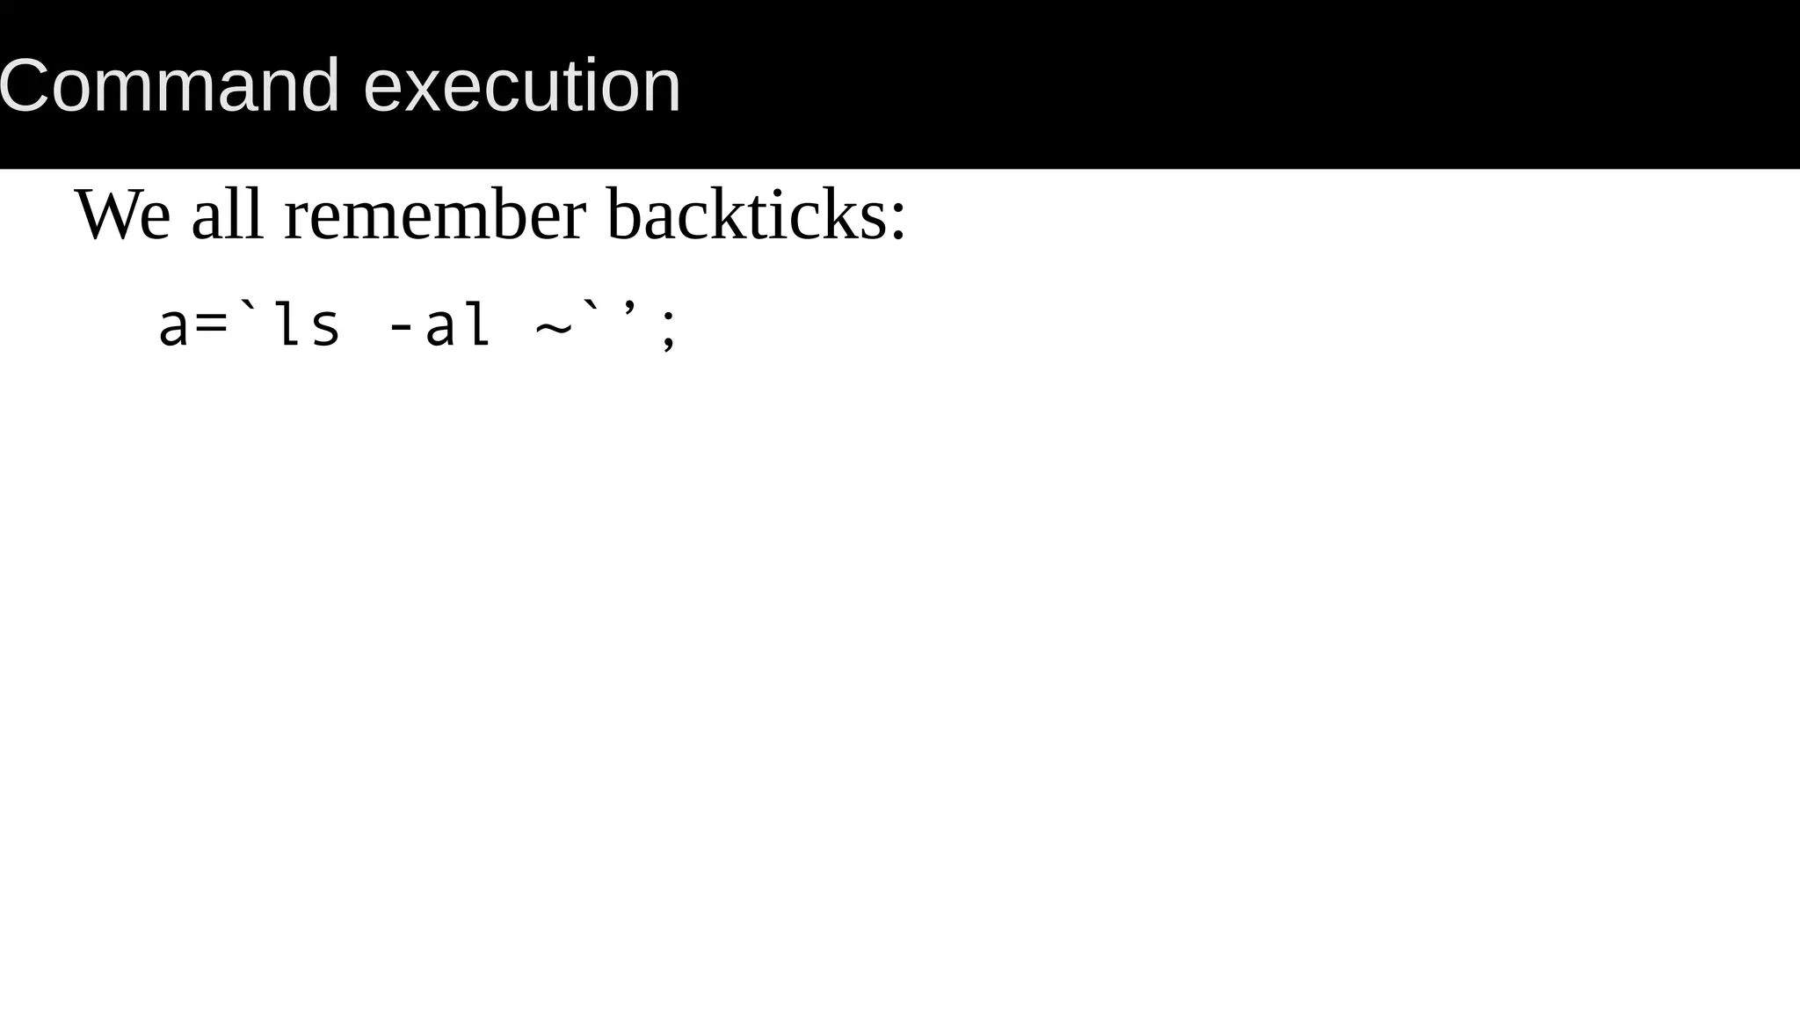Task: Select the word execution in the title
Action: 522,86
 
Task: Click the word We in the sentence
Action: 122,215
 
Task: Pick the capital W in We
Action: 106,215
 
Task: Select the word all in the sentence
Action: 228,215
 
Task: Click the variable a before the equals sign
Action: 173,326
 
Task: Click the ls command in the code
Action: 307,324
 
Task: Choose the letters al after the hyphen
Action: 457,324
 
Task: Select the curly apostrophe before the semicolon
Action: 630,309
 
